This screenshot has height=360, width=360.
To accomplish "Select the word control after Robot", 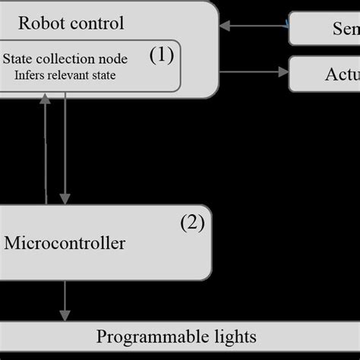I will (94, 22).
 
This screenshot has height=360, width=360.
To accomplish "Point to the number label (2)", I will (192, 223).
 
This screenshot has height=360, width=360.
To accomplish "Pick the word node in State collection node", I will (113, 58).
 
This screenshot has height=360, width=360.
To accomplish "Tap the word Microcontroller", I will (65, 244).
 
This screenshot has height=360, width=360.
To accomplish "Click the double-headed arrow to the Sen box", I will (254, 27).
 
